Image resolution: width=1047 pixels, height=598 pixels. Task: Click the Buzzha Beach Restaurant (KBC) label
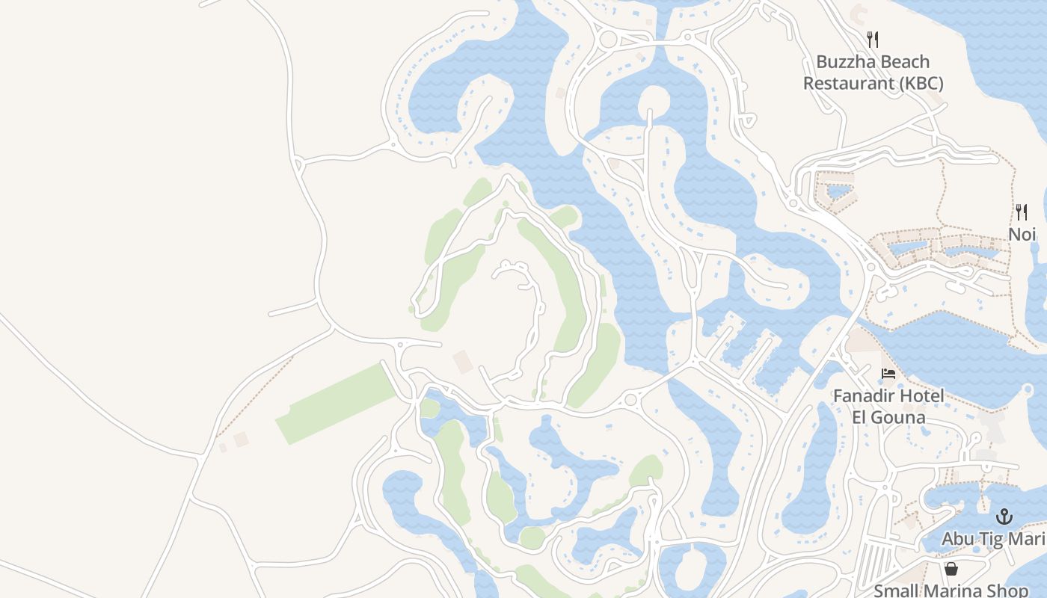click(x=873, y=73)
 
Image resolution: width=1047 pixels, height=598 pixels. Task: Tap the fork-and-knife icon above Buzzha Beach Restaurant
click(x=873, y=39)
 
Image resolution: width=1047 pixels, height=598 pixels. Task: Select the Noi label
click(x=1022, y=234)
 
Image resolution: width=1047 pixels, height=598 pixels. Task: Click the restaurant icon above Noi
click(x=1022, y=212)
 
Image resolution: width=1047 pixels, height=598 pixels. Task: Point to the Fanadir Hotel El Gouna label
click(x=888, y=406)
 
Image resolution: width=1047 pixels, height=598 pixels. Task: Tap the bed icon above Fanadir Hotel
click(x=888, y=374)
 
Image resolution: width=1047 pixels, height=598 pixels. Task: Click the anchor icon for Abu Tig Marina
click(x=1004, y=517)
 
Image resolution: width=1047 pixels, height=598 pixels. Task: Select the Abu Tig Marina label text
click(x=993, y=539)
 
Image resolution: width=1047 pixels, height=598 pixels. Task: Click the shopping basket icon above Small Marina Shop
click(x=951, y=570)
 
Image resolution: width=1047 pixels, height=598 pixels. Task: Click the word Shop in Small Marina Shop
click(x=1010, y=591)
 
